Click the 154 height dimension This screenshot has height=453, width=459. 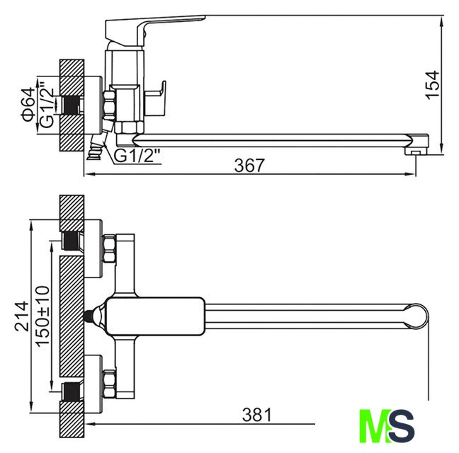pos(433,84)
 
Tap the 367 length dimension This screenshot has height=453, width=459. pos(249,166)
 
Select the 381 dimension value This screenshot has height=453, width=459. pos(256,415)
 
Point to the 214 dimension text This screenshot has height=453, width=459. pos(22,316)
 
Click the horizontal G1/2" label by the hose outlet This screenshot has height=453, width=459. pos(138,155)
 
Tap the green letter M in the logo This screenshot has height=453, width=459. pos(373,425)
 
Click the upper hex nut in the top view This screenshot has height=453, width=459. pos(110,250)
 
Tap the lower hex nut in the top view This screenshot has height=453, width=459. pos(110,383)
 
